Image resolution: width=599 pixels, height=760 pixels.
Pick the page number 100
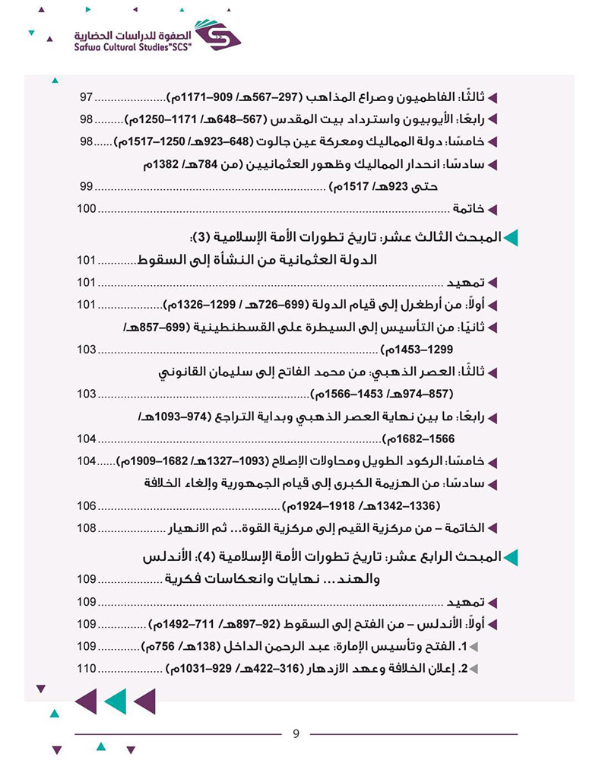(x=86, y=209)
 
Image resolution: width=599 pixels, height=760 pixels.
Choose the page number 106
(x=86, y=505)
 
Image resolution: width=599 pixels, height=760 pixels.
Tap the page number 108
(x=86, y=527)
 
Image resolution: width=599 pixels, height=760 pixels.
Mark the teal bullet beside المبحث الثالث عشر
(x=511, y=238)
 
